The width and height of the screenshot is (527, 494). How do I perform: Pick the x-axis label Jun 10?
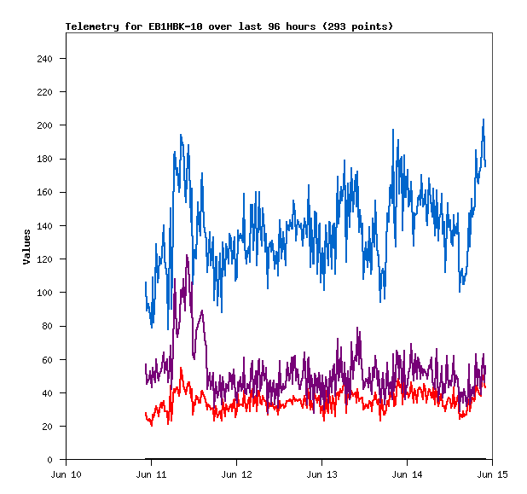coord(67,474)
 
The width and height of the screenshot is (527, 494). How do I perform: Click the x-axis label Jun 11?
coord(152,474)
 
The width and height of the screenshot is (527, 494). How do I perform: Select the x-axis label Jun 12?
coord(237,474)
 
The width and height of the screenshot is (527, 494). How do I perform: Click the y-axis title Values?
coord(26,247)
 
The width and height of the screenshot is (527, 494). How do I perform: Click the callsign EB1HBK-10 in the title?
coord(159,26)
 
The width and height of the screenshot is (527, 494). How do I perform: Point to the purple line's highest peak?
coord(187,255)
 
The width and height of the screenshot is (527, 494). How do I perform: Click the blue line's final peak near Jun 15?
coord(484,119)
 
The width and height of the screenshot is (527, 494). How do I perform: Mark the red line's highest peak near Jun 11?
coord(181,368)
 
